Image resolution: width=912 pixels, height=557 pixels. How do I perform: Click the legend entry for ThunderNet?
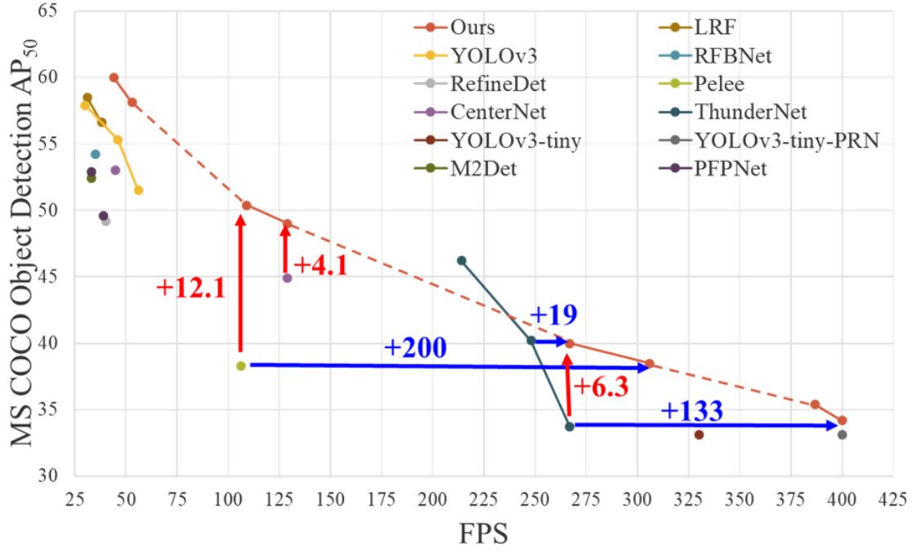[749, 112]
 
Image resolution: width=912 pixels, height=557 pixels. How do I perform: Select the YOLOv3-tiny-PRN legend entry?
[785, 141]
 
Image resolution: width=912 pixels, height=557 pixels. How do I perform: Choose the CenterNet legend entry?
[498, 112]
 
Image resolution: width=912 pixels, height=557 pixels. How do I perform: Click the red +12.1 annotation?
[190, 289]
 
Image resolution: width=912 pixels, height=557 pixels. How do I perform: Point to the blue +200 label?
[415, 348]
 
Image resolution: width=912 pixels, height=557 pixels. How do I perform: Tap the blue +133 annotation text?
[691, 411]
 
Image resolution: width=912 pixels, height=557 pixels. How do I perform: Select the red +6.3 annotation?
[601, 387]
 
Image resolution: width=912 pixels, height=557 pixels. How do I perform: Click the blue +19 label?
[554, 315]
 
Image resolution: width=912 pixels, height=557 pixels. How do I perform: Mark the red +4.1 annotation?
[320, 266]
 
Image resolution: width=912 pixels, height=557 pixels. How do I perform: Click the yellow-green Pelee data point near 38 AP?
[241, 366]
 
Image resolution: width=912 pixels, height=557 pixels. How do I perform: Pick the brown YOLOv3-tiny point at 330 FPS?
[699, 434]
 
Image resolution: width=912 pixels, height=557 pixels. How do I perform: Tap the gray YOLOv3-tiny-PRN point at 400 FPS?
[843, 434]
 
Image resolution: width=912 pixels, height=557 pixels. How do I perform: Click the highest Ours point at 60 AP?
[114, 78]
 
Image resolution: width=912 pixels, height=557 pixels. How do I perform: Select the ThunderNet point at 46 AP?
[461, 261]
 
